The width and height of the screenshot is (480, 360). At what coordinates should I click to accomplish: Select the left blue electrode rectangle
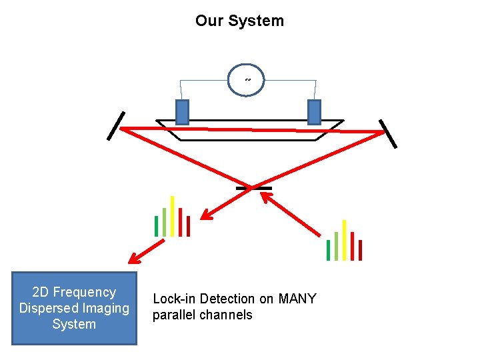click(182, 112)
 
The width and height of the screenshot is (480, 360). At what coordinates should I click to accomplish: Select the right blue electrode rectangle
click(314, 112)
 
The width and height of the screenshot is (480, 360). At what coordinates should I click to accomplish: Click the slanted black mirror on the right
click(388, 133)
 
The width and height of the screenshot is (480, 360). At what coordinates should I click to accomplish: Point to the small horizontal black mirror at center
click(254, 189)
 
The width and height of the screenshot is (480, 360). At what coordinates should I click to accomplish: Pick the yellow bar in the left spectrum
click(173, 216)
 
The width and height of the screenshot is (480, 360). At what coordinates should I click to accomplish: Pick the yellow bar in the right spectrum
click(344, 240)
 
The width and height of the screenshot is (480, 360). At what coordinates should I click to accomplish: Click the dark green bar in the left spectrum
click(157, 226)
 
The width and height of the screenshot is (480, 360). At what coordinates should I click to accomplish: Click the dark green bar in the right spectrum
click(328, 250)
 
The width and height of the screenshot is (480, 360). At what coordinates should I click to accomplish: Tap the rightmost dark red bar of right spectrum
click(360, 250)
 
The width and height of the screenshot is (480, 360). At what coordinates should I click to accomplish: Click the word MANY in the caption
click(297, 299)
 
